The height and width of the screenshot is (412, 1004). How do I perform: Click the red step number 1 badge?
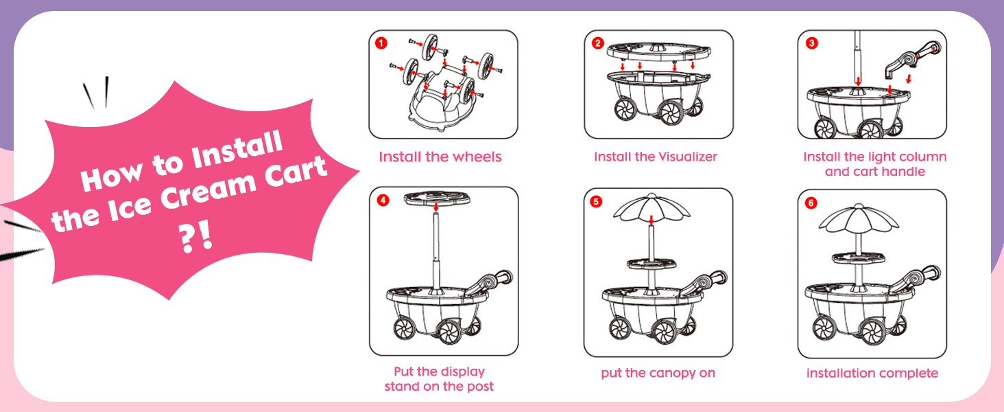coord(382,43)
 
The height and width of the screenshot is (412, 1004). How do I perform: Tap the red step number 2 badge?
coord(598,43)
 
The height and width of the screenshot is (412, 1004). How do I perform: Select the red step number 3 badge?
coord(812,43)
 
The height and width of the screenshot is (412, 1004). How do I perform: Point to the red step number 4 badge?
coord(383,201)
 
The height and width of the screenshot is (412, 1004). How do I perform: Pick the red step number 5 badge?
coord(598,201)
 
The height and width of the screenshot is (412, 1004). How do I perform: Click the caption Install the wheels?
coord(440,157)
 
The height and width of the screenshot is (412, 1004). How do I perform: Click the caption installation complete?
coord(872,374)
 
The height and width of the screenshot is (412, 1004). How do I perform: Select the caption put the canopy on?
coord(658,374)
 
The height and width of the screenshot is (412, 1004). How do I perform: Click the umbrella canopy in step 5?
coord(651,207)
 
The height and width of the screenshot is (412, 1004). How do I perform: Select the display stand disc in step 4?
coord(436,198)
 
